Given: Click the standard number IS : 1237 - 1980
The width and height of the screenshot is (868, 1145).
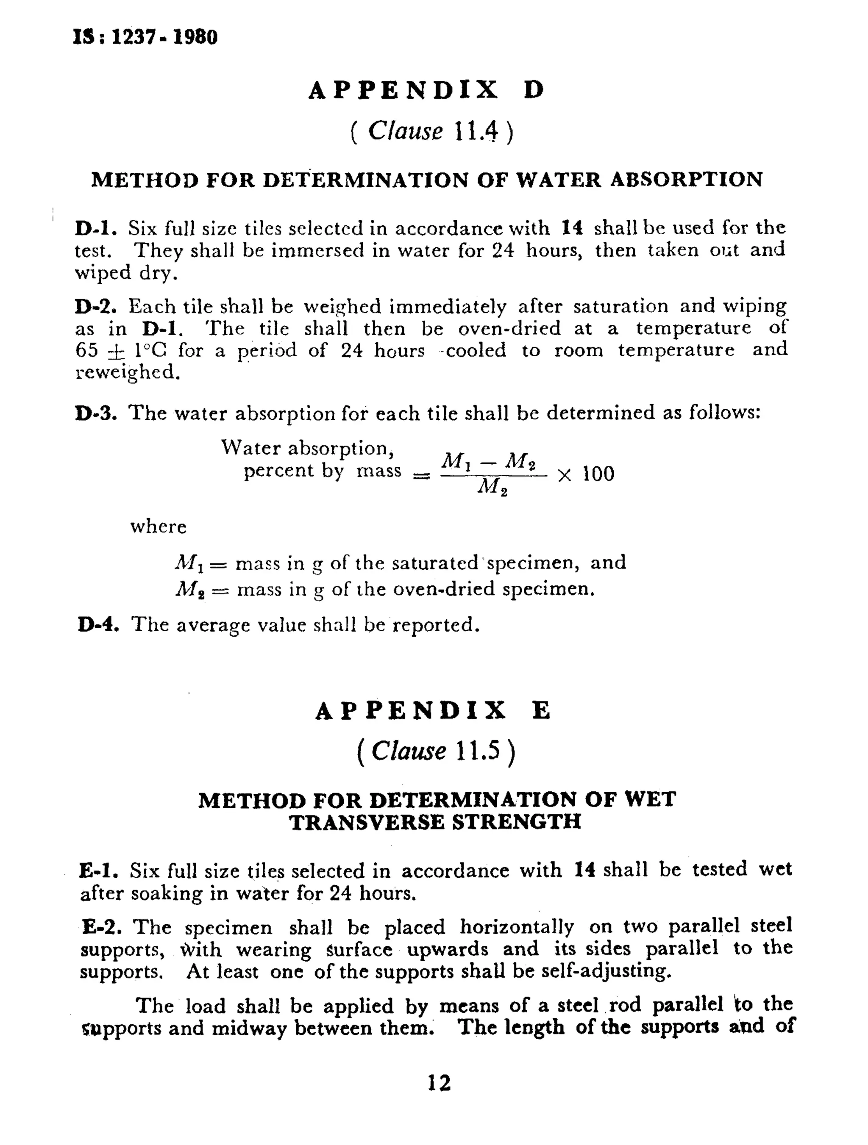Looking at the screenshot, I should coord(145,37).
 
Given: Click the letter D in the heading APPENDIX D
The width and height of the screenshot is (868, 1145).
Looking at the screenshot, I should coord(534,91).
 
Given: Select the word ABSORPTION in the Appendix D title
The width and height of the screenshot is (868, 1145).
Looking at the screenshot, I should coord(686,180).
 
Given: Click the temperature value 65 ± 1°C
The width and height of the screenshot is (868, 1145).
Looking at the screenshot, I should coord(121,350).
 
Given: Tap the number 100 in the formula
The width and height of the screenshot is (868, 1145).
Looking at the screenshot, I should coord(598,474).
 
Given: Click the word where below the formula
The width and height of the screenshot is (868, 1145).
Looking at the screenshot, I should coord(158,527).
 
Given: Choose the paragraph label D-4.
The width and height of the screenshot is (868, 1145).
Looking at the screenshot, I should coord(98,624).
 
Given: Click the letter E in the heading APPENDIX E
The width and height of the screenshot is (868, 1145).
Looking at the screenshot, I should coord(541,711).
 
